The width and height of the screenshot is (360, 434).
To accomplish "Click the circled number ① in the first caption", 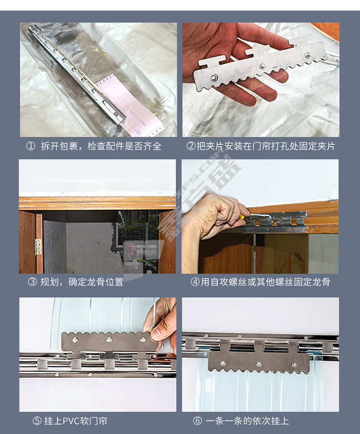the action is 30,146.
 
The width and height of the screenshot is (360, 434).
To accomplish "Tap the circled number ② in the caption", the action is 191,146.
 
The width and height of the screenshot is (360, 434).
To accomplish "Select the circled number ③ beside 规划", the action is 32,282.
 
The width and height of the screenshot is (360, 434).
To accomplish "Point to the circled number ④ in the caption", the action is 195,282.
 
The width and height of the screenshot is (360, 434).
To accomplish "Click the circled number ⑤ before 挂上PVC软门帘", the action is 37,421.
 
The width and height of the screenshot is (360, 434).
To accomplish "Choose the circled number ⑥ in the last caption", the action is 197,421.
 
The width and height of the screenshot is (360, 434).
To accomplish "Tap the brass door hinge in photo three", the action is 38,247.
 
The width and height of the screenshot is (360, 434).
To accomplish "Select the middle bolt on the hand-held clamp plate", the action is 262,66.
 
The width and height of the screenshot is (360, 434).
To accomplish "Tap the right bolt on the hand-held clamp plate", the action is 307,55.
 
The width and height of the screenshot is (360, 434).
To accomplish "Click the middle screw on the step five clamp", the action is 109,339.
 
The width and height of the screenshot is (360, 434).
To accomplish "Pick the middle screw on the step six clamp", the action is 259,364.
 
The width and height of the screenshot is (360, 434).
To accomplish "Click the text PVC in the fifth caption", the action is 72,421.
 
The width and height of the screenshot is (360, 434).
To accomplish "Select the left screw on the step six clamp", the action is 223,362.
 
